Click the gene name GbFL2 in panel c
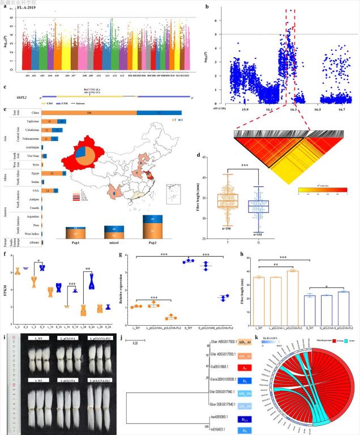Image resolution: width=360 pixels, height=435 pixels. tap(18, 96)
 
